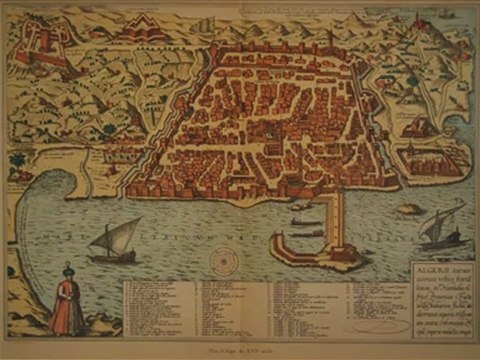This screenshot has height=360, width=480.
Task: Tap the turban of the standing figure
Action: [x=66, y=267]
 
